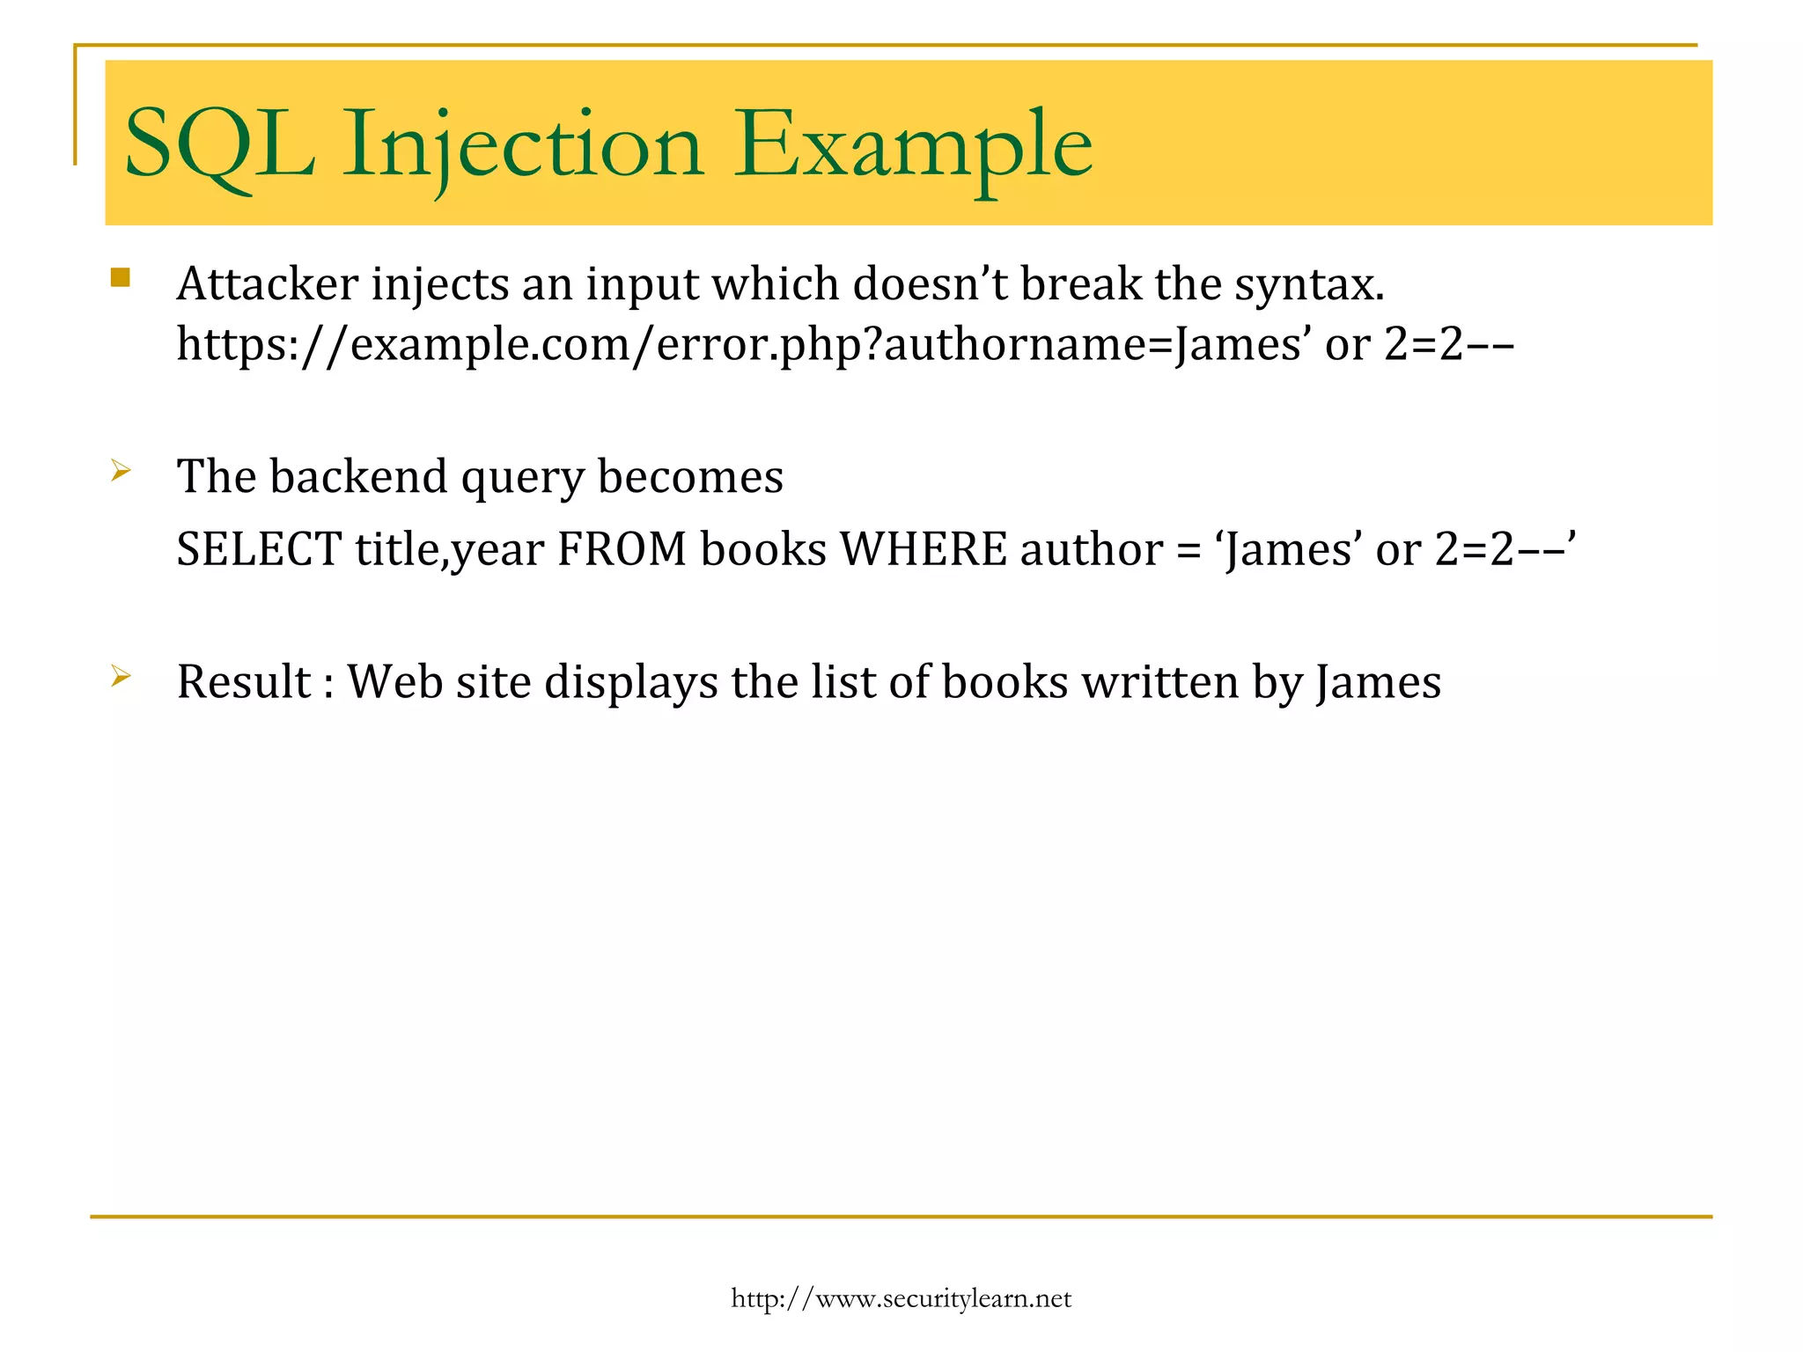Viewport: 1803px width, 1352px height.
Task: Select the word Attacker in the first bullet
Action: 268,284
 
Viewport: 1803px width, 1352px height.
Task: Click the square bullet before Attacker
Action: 121,279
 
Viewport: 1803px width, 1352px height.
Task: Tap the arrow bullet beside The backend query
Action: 121,472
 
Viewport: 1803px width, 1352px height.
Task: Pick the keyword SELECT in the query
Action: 259,550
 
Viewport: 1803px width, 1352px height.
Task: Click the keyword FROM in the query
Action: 622,550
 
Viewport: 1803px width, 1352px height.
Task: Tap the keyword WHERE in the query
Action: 924,550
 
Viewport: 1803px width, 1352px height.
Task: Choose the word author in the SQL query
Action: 1092,550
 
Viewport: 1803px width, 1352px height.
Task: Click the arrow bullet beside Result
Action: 121,677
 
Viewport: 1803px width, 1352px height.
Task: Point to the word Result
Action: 244,682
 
